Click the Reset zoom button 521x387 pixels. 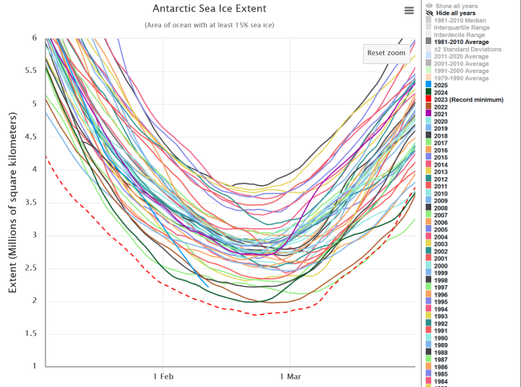(x=386, y=53)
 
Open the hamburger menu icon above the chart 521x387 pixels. (x=410, y=10)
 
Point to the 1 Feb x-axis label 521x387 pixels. (x=164, y=376)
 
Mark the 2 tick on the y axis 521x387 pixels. (x=34, y=300)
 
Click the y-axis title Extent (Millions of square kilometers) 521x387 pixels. (x=13, y=202)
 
